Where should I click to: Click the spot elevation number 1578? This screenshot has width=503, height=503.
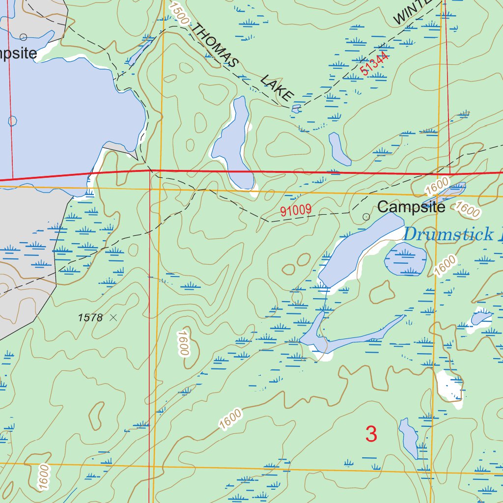(x=90, y=318)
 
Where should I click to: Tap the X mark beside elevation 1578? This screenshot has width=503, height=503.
(x=113, y=318)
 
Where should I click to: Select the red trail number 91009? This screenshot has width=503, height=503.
(x=296, y=211)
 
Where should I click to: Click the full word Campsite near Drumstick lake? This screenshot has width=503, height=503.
(x=411, y=207)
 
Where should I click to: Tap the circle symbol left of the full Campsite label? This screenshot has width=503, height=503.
(x=366, y=217)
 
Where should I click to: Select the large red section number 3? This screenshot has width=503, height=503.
(x=371, y=434)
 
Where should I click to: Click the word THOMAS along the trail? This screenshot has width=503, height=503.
(x=215, y=45)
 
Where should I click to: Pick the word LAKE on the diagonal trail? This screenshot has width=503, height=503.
(x=277, y=87)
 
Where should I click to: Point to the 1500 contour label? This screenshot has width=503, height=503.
(x=179, y=13)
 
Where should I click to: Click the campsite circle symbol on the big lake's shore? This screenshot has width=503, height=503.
(x=23, y=37)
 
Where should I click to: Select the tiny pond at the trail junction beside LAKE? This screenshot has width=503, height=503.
(x=296, y=109)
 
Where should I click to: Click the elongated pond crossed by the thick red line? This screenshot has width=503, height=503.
(x=234, y=145)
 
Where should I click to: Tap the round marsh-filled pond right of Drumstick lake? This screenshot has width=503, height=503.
(x=405, y=258)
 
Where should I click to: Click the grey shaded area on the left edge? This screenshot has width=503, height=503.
(x=25, y=275)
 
